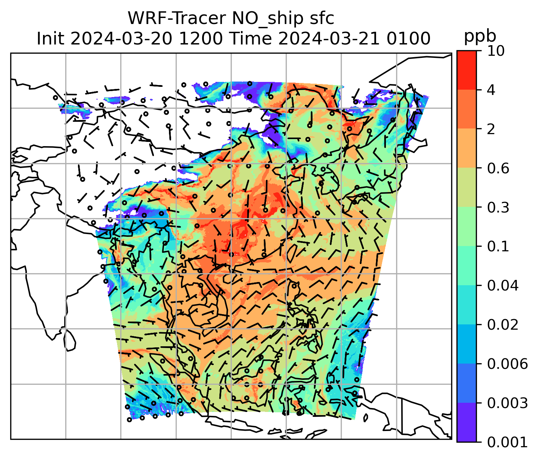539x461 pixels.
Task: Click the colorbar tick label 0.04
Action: click(503, 286)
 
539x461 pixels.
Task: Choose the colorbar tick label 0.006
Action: click(507, 364)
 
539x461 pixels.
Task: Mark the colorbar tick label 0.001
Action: click(507, 442)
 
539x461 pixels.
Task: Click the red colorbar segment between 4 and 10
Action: click(466, 70)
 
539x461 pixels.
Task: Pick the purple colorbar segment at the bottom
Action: click(466, 422)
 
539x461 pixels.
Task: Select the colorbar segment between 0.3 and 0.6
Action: click(466, 187)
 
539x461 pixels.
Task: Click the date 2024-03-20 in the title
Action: click(122, 38)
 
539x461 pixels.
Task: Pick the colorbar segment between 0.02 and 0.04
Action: click(466, 305)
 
